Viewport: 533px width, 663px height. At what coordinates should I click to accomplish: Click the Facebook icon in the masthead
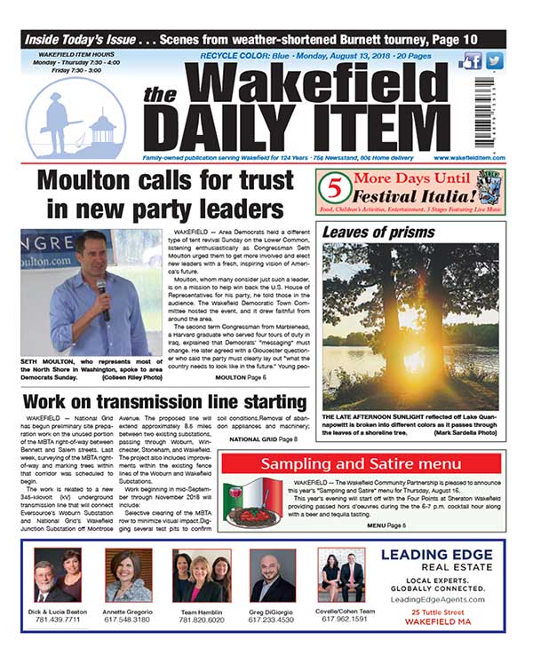coord(472,60)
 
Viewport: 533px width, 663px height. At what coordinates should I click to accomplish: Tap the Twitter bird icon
coord(495,60)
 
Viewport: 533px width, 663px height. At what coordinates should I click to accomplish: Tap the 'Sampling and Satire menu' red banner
coord(360,463)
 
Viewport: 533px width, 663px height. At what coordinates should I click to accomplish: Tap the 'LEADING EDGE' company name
coord(435,556)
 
